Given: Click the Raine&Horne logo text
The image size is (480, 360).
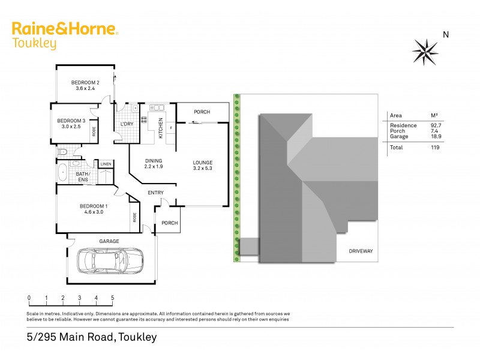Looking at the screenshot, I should [x=65, y=30].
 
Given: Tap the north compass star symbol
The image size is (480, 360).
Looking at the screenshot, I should [x=425, y=51].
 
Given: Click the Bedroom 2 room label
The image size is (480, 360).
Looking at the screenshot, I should [x=85, y=85].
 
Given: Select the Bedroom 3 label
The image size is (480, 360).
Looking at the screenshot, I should [x=71, y=124].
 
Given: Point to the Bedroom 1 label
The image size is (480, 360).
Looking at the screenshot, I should [x=93, y=208].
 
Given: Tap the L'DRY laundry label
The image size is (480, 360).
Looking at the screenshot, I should [x=127, y=124].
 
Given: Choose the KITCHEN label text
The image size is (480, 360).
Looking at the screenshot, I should [x=161, y=128].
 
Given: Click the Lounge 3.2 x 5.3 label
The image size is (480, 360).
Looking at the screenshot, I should [x=203, y=166].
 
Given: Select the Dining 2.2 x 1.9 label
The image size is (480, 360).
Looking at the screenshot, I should [x=154, y=164].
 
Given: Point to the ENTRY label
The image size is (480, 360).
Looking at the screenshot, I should [x=156, y=193].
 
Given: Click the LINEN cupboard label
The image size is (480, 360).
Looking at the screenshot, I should [x=106, y=164].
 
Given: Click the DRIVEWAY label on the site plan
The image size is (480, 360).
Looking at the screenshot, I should [x=361, y=251].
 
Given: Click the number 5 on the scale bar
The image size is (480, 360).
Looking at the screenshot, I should [x=112, y=298].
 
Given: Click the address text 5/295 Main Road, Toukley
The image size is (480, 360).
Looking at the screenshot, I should [x=92, y=337].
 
